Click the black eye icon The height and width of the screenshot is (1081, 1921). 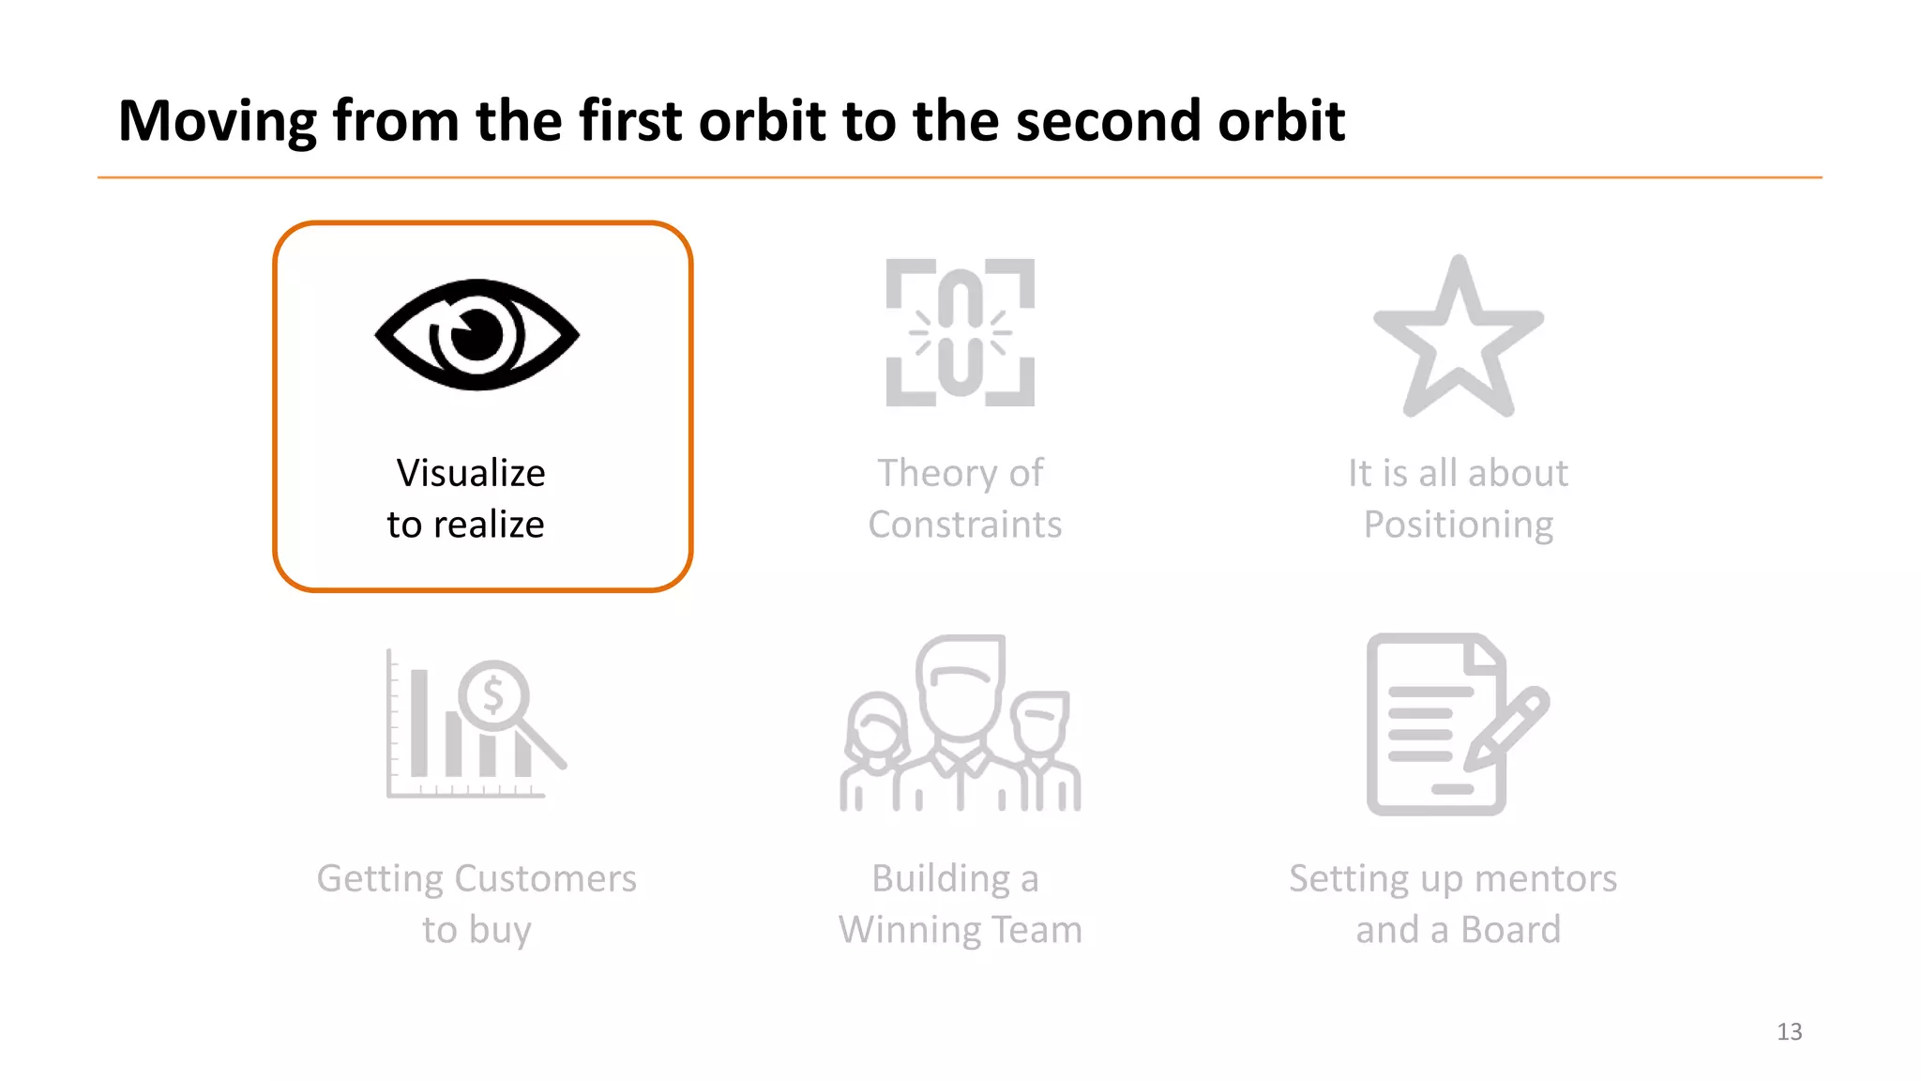(x=476, y=334)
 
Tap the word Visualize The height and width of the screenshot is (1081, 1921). (x=471, y=473)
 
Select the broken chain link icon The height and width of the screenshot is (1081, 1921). (x=960, y=332)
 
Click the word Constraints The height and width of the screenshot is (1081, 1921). (x=964, y=525)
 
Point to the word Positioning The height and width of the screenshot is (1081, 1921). (x=1458, y=525)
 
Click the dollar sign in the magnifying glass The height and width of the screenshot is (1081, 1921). (x=493, y=696)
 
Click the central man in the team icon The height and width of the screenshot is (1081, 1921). (x=960, y=713)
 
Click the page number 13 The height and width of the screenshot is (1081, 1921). (x=1789, y=1032)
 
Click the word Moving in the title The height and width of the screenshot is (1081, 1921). (x=218, y=122)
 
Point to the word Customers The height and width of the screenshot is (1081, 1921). (x=545, y=879)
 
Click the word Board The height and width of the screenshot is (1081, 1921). (x=1510, y=930)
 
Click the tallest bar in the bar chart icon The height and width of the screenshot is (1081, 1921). (x=419, y=723)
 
